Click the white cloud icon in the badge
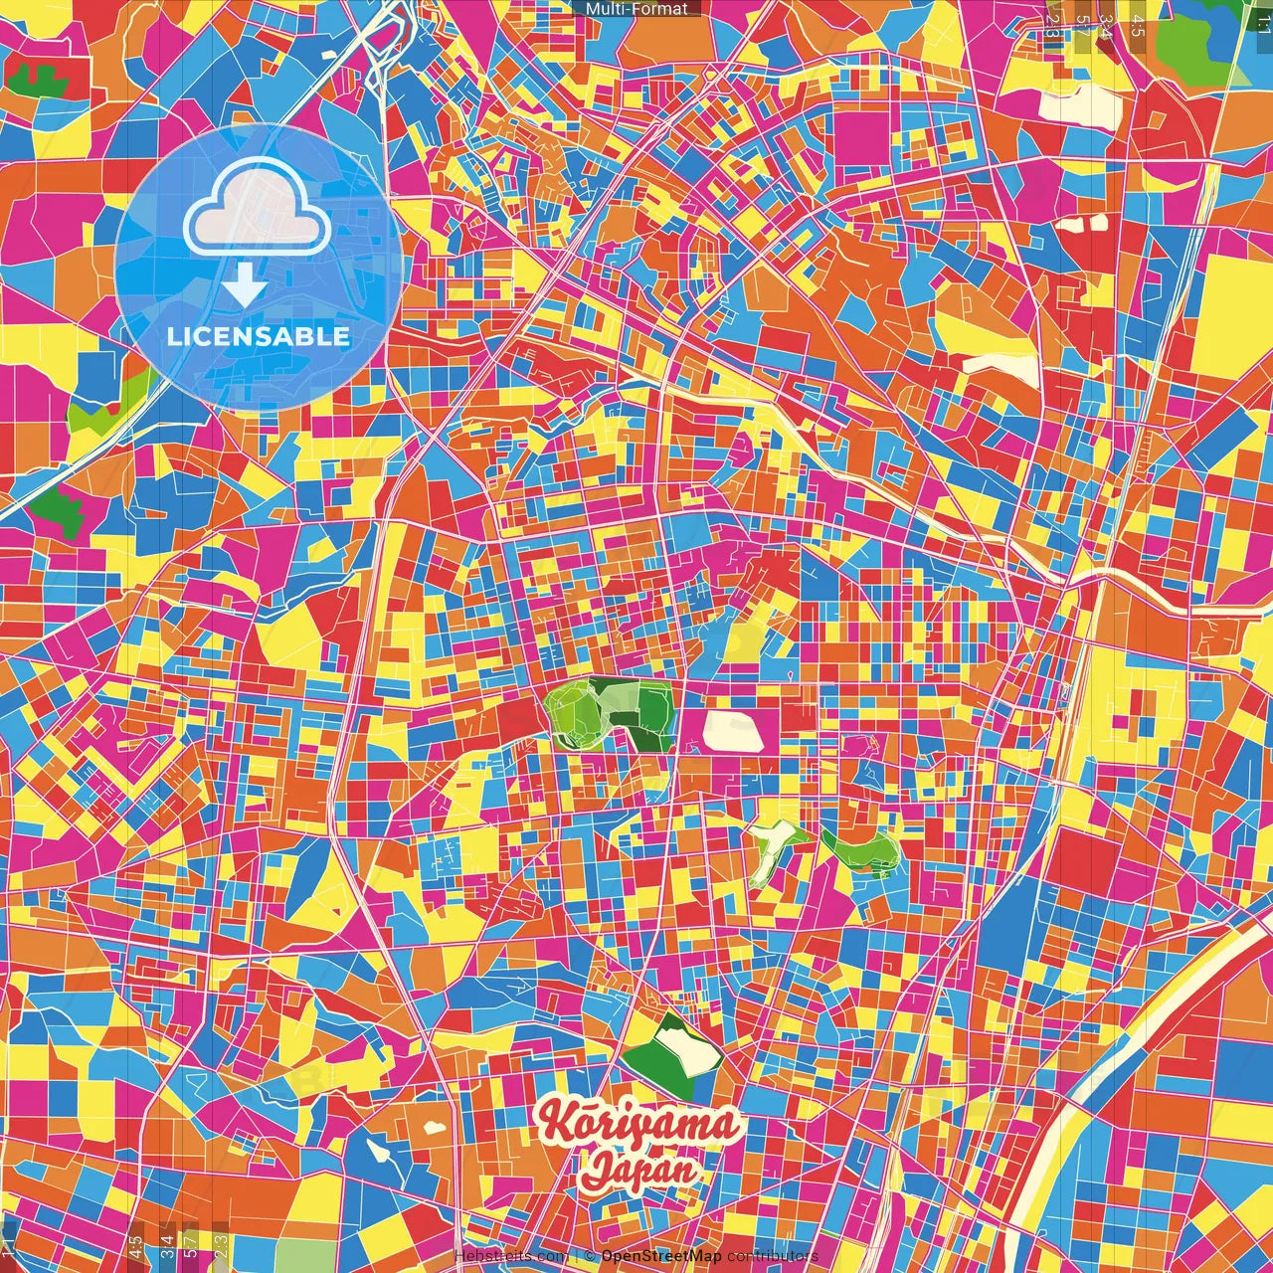(257, 210)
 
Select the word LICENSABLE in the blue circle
(259, 336)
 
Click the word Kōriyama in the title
(639, 1125)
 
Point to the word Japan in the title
(639, 1169)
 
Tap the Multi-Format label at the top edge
(636, 9)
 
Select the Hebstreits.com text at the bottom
(511, 1256)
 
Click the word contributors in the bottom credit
(773, 1256)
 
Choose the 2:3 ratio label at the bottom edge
(221, 1243)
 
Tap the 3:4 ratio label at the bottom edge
(167, 1243)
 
